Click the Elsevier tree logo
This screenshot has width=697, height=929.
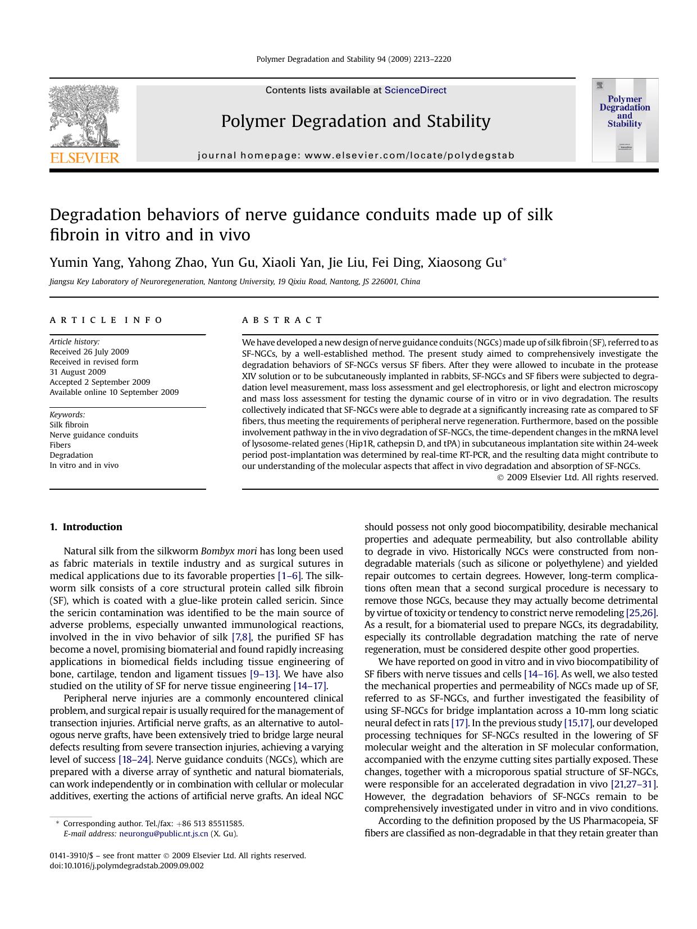(84, 116)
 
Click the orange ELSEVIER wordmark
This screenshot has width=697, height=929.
(85, 158)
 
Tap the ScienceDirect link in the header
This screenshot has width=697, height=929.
(415, 90)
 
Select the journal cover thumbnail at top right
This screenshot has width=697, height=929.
(625, 120)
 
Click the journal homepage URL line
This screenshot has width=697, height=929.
(356, 156)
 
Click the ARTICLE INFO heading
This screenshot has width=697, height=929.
(106, 320)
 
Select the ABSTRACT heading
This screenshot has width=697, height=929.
(283, 320)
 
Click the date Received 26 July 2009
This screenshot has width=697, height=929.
(89, 352)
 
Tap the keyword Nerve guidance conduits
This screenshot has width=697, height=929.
(93, 435)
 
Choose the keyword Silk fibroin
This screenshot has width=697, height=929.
(69, 425)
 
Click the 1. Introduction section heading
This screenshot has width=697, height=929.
(86, 527)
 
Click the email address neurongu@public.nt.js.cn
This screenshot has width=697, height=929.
(163, 834)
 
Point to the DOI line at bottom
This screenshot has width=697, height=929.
(127, 866)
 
